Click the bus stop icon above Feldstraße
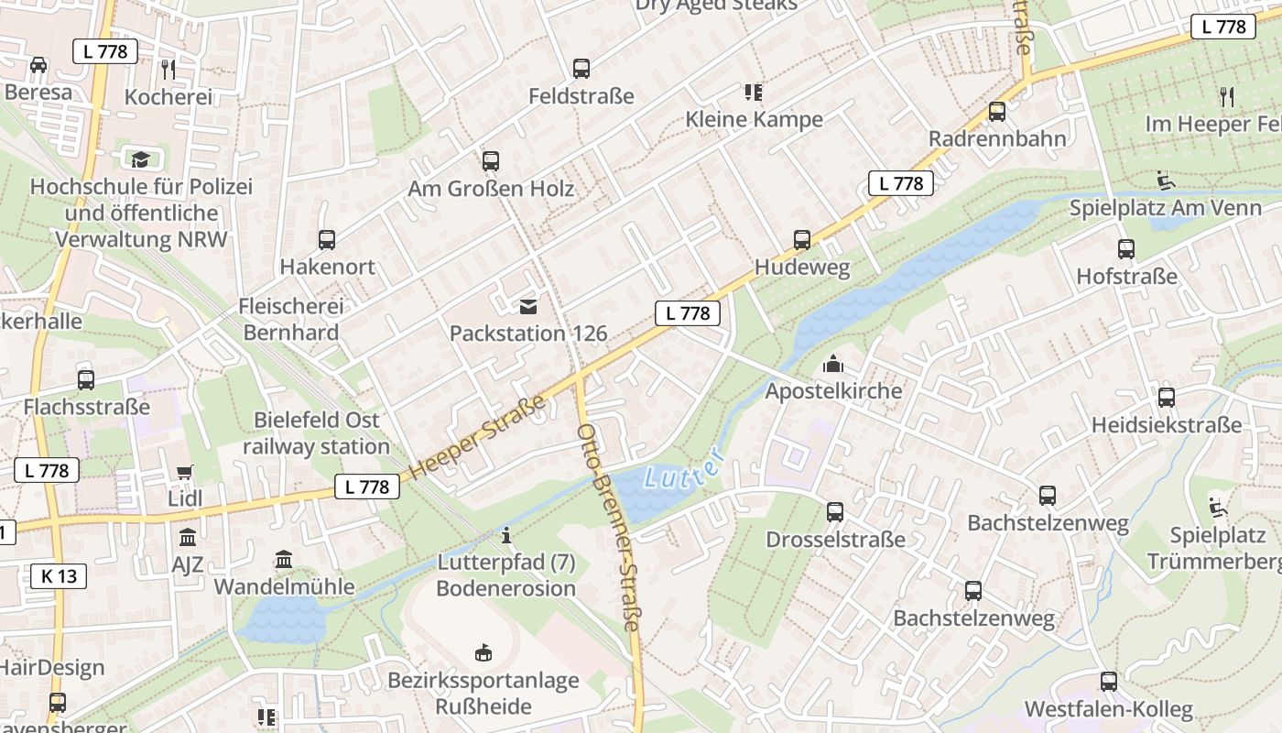click(581, 68)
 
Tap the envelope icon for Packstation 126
click(528, 306)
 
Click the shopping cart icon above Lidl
click(185, 472)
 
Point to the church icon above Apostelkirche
click(833, 364)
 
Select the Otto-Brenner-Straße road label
click(608, 527)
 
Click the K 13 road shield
click(60, 575)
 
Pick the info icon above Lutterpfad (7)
click(506, 534)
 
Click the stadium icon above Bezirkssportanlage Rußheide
click(483, 652)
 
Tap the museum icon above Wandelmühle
click(284, 559)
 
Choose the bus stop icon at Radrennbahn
click(997, 112)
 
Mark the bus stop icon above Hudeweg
click(802, 240)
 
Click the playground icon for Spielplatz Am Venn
click(1166, 181)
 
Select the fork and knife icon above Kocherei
click(168, 69)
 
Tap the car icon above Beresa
click(38, 64)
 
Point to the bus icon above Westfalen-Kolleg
click(1109, 682)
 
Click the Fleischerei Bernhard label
click(291, 319)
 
